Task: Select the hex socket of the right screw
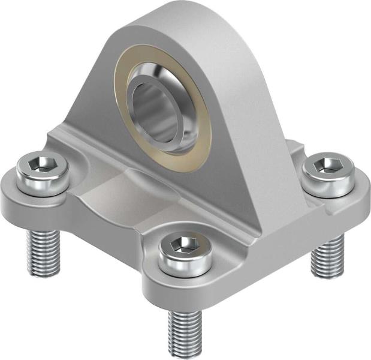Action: [x=325, y=166]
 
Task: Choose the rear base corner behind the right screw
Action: [x=294, y=147]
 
